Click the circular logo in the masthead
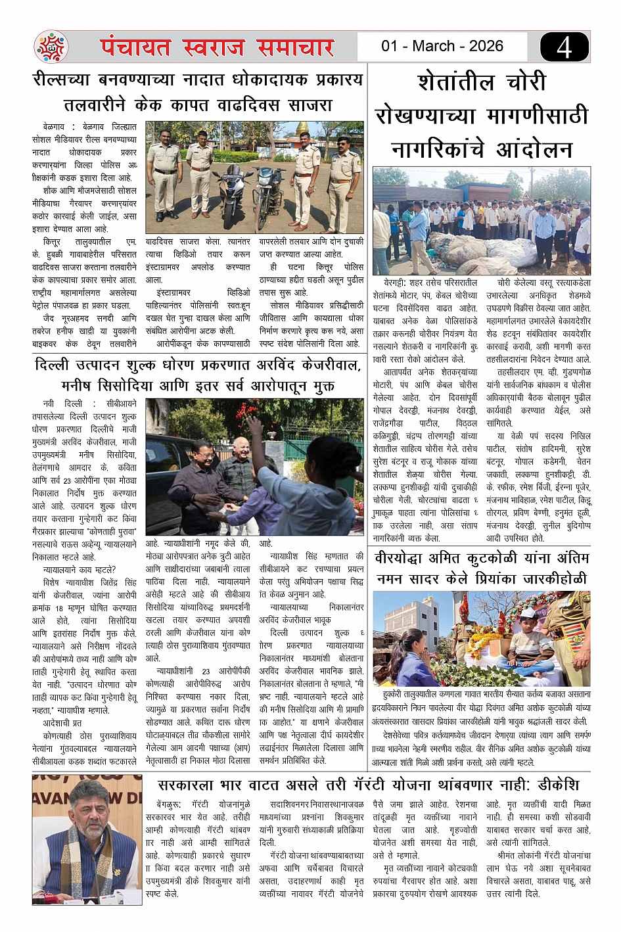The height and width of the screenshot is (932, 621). pyautogui.click(x=51, y=47)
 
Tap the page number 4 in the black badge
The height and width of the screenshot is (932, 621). pyautogui.click(x=564, y=48)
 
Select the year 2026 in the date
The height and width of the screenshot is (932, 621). pyautogui.click(x=486, y=46)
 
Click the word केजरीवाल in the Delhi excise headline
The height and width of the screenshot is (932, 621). pyautogui.click(x=321, y=365)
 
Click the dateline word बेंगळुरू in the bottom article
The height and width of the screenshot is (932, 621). pyautogui.click(x=169, y=804)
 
